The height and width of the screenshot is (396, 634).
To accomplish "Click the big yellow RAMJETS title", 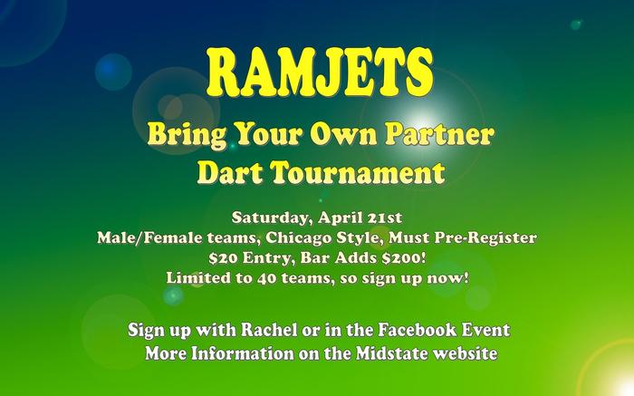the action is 320,72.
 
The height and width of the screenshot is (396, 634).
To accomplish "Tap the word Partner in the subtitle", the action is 439,134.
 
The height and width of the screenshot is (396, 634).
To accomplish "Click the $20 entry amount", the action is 223,257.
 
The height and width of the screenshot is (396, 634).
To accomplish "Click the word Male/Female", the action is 150,237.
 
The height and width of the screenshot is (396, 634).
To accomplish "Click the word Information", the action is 242,353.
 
